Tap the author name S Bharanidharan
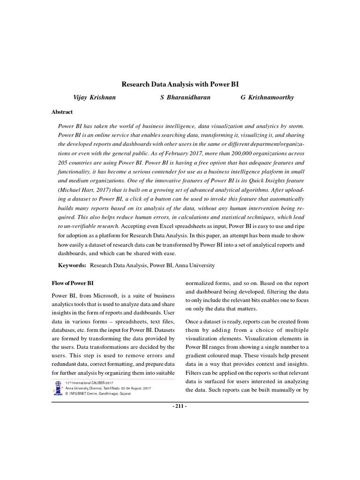[185, 97]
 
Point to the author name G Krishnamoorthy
[268, 97]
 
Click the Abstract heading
[62, 112]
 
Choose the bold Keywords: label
[72, 265]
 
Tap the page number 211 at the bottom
[180, 406]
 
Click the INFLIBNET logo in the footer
[58, 388]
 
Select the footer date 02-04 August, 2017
[136, 389]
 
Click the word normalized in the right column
[200, 283]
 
